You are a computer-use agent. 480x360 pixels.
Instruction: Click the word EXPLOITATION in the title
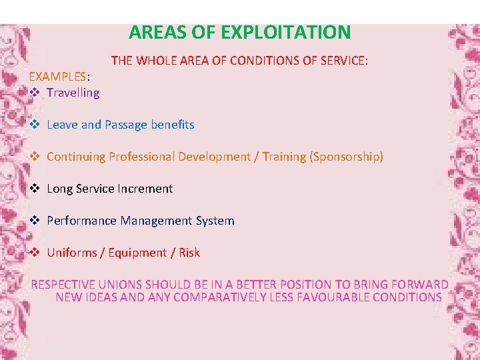[285, 32]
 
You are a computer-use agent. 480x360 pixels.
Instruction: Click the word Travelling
[73, 93]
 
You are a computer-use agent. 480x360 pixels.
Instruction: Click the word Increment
[145, 189]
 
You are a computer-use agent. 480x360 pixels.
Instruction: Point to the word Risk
[189, 253]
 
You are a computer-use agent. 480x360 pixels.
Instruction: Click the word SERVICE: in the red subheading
[343, 61]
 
